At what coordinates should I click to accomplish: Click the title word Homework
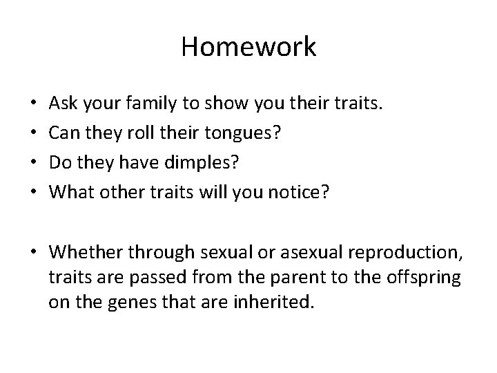pyautogui.click(x=248, y=47)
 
